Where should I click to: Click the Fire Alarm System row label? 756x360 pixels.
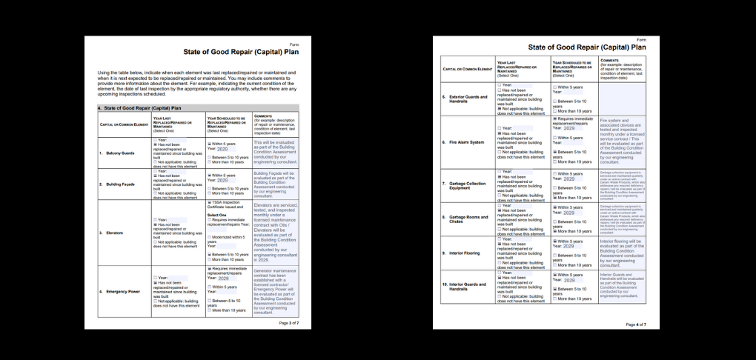(x=466, y=142)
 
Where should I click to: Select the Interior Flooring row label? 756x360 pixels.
(x=465, y=253)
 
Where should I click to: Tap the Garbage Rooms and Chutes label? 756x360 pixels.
(x=467, y=219)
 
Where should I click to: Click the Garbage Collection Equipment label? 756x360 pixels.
(x=467, y=184)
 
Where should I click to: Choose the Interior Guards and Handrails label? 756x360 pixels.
(x=467, y=286)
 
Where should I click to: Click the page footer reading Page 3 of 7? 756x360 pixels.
(x=288, y=323)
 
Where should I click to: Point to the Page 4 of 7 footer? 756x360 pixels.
(x=635, y=324)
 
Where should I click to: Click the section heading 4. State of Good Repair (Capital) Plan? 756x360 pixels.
(x=140, y=108)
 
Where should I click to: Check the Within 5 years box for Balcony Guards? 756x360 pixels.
(x=209, y=144)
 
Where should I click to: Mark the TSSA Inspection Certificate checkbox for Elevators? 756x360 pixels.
(x=209, y=201)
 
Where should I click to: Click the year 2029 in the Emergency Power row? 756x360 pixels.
(x=223, y=279)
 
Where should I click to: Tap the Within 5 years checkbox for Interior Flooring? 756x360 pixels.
(x=554, y=241)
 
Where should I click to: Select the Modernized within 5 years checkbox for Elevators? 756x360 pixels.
(x=209, y=236)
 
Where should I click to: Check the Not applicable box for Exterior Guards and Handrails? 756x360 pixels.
(x=500, y=108)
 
